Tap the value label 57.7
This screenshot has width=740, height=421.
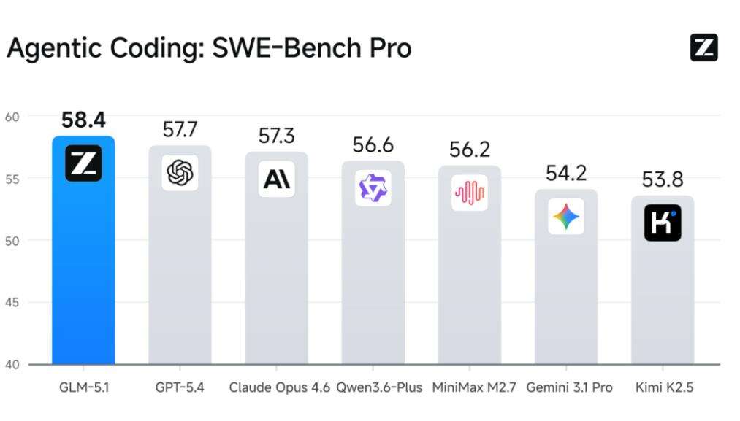[x=180, y=130]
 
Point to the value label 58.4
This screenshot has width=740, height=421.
[x=83, y=120]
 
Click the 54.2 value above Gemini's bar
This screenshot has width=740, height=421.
[x=566, y=174]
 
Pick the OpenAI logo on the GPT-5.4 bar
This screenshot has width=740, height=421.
[x=180, y=173]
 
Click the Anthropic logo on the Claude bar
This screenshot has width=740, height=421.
[x=277, y=179]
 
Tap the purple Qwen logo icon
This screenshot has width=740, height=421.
[x=373, y=188]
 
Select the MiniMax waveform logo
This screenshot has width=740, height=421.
[x=469, y=193]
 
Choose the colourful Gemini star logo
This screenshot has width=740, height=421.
[x=566, y=217]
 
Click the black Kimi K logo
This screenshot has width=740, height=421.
[x=663, y=223]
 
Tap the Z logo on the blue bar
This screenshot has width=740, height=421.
[x=83, y=163]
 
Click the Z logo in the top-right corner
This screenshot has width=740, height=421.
[x=703, y=48]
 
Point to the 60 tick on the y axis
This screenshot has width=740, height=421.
[x=14, y=116]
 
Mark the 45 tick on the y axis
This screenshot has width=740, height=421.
[x=14, y=302]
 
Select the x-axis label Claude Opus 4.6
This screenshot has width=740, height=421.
[x=279, y=387]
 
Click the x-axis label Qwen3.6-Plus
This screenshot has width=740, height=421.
[x=379, y=387]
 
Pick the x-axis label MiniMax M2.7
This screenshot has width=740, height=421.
[x=474, y=387]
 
